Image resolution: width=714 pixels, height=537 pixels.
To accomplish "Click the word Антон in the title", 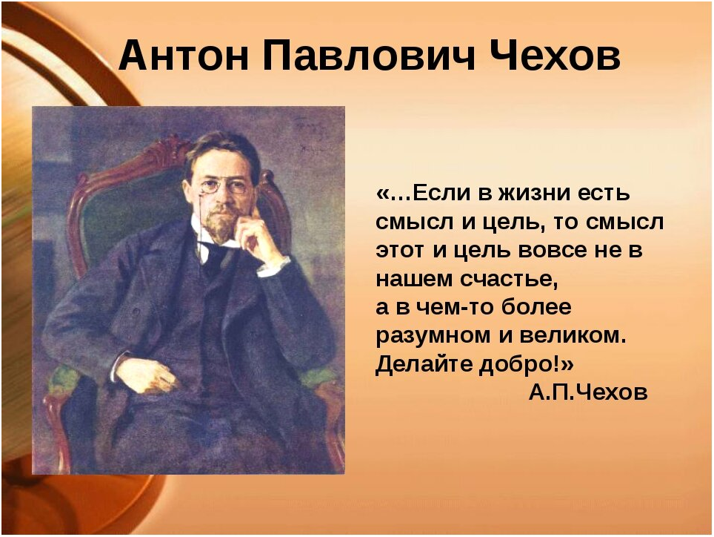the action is tap(184, 55).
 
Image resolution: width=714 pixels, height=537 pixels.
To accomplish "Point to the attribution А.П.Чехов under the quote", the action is tap(588, 392).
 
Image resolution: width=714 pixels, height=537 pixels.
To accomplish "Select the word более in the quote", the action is tap(536, 306).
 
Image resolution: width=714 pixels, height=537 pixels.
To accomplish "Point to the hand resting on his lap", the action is tap(146, 375).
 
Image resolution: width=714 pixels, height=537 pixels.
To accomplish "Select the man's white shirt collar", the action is tap(214, 238).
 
